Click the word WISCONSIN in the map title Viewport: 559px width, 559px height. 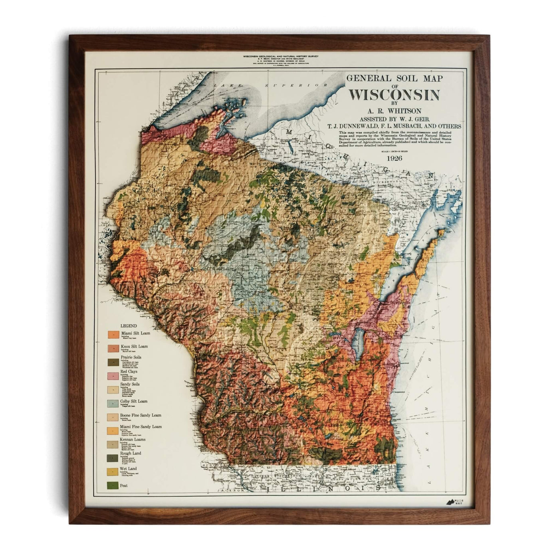coord(394,95)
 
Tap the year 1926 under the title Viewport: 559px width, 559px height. coord(394,158)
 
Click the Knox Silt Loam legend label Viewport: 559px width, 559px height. coord(135,346)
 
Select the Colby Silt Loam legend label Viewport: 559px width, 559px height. coord(134,401)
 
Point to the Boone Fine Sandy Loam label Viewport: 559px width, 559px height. coord(141,415)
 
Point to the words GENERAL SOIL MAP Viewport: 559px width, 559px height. coord(394,79)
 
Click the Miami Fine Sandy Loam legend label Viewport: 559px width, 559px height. coord(141,427)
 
